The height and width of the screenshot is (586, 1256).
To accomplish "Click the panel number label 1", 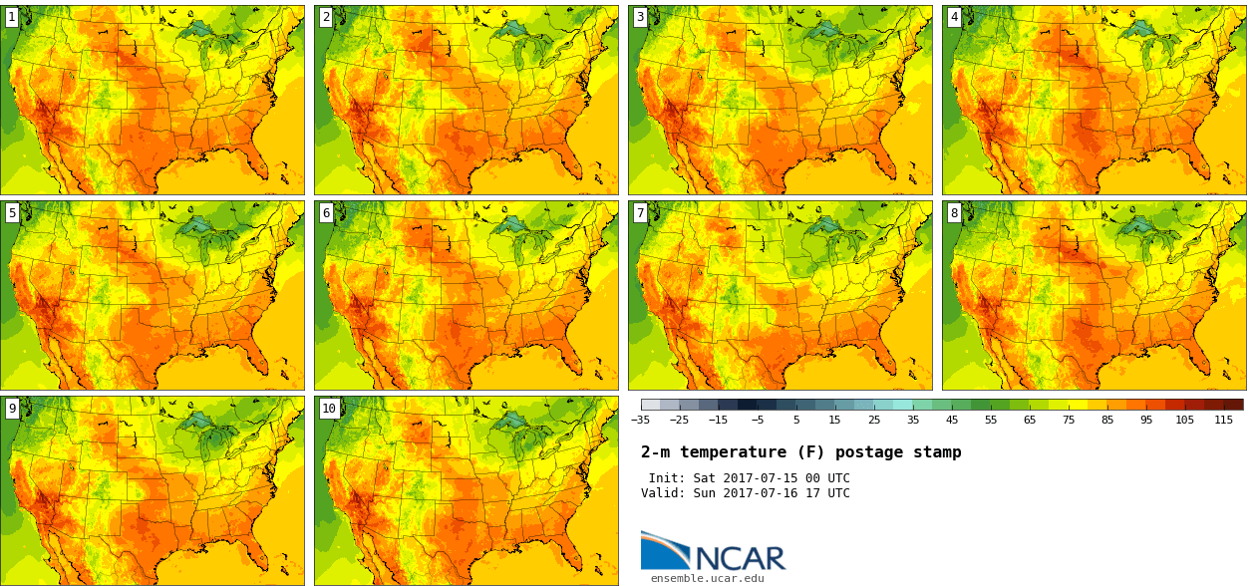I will click(x=12, y=17).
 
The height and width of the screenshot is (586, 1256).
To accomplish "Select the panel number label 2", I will click(x=326, y=17).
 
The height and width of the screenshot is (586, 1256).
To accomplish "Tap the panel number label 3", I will click(x=640, y=17).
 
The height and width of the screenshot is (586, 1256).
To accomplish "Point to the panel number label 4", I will click(x=954, y=17).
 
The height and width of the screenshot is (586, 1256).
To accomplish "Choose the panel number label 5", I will click(x=12, y=212).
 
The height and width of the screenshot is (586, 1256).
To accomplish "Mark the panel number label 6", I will click(x=326, y=212).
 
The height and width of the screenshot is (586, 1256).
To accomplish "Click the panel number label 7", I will click(x=640, y=212).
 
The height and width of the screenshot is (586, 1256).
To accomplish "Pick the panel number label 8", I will click(x=954, y=212).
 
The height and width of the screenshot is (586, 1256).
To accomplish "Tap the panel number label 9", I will click(x=12, y=408).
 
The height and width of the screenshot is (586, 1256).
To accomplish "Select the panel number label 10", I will click(x=329, y=408).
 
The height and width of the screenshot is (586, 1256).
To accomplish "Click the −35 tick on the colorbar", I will click(x=641, y=420).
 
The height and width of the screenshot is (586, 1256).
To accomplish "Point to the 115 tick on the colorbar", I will click(x=1224, y=420).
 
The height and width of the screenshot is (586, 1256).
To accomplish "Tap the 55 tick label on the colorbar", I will click(x=991, y=420).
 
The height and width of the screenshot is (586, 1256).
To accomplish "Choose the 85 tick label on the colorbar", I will click(x=1107, y=420).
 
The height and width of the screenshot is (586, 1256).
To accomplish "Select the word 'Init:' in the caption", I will click(x=667, y=478).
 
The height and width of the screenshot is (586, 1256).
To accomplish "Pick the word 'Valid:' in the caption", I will click(x=663, y=493).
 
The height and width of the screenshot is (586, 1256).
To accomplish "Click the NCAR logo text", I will click(x=740, y=558).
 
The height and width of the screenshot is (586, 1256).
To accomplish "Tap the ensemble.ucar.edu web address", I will click(x=708, y=578).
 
